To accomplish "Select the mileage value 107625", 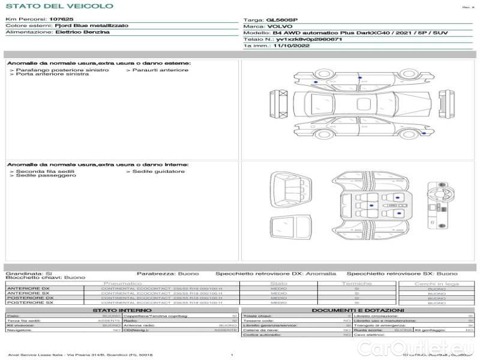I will tap(61, 20).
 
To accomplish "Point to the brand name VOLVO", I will tap(278, 26).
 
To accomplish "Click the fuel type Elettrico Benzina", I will tap(82, 32).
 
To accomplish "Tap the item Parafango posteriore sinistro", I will tap(62, 70).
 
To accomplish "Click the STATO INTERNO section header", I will tap(122, 310).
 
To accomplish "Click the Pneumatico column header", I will tap(123, 283).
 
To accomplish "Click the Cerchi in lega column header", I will tap(436, 283).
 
